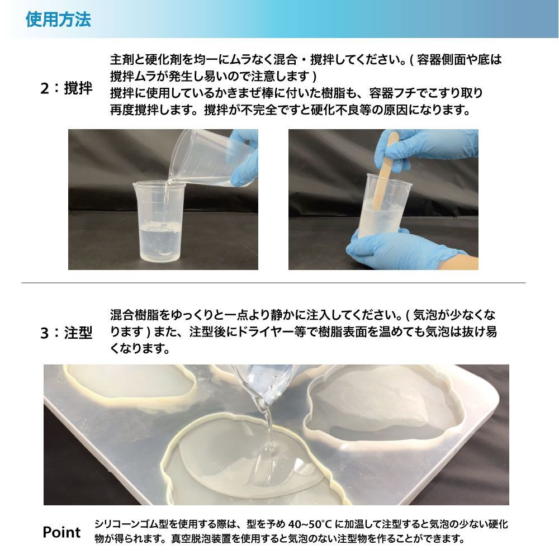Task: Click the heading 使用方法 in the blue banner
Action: coord(58,19)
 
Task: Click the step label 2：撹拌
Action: coord(67,88)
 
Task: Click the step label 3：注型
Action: coord(67,333)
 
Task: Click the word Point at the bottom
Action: coord(61,532)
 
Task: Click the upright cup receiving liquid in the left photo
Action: coord(159,221)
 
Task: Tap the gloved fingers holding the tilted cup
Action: coord(246,157)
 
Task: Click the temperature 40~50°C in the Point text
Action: coord(310,524)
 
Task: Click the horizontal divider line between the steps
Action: coord(273,283)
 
